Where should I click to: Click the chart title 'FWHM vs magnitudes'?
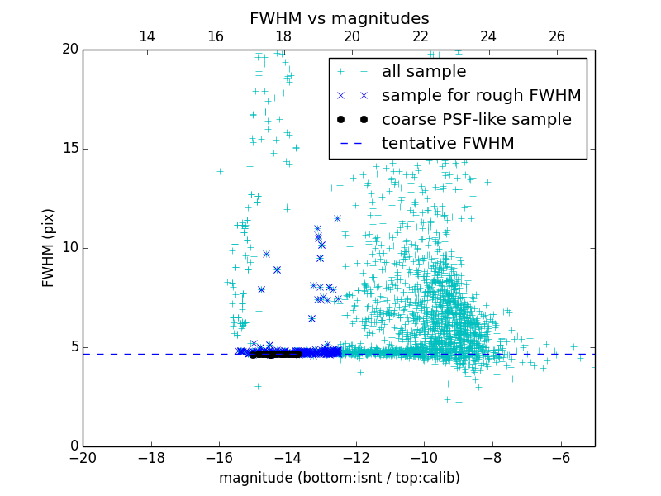coord(339,18)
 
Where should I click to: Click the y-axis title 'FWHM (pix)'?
coord(49,247)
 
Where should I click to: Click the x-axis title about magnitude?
coord(339,478)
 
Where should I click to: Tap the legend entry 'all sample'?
coord(424,72)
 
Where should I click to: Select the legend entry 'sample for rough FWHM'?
coord(481,96)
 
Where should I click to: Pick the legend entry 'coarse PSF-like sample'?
coord(476,120)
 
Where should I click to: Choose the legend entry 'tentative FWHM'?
coord(448,144)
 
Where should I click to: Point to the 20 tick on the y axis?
coord(69,50)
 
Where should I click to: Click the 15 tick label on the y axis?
coord(69,149)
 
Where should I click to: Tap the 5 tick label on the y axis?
coord(73,347)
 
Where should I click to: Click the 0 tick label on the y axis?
coord(73,446)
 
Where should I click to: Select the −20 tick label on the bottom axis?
coord(83,457)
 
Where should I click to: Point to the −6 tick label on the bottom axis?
coord(561,457)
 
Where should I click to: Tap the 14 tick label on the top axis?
coord(147,36)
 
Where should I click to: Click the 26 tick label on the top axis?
coord(557,36)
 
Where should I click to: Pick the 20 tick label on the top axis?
coord(352,36)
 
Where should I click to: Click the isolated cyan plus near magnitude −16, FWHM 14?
coord(220,171)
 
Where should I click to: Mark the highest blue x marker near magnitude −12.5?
coord(337,218)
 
